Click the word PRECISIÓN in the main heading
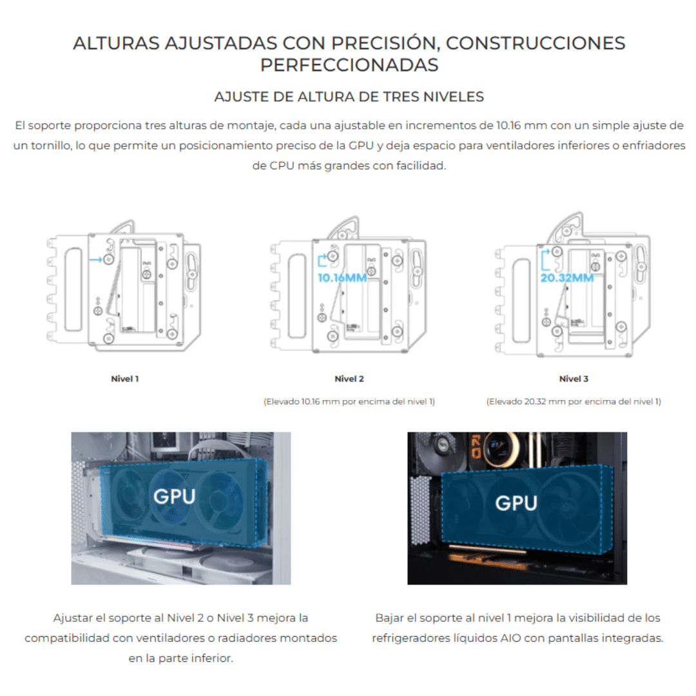(385, 43)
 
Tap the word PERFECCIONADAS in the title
(349, 65)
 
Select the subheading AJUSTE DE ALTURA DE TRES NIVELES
(349, 97)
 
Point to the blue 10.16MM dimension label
(342, 278)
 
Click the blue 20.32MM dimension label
(567, 278)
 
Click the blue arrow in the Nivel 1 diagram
(95, 259)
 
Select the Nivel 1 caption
(125, 379)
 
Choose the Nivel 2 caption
(349, 379)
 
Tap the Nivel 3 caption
(574, 379)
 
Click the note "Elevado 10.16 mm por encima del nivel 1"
(349, 401)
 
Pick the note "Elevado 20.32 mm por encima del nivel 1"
(574, 401)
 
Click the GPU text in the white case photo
(175, 496)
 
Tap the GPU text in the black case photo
(516, 503)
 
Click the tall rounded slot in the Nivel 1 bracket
(73, 289)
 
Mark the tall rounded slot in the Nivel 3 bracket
(521, 302)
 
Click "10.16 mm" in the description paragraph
(521, 126)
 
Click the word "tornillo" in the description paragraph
(52, 146)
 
